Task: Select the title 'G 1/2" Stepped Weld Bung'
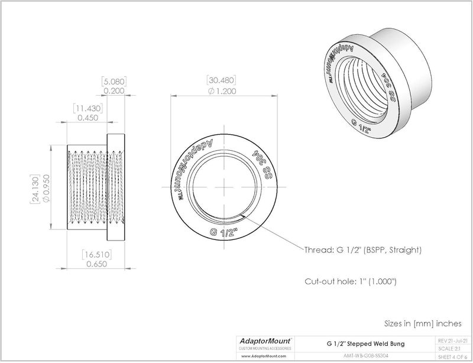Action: pos(367,343)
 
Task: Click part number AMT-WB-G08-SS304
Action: pos(367,356)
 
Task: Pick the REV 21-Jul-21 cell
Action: pos(452,341)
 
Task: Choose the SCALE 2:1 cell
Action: pos(452,348)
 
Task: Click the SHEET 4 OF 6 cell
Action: pos(452,356)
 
